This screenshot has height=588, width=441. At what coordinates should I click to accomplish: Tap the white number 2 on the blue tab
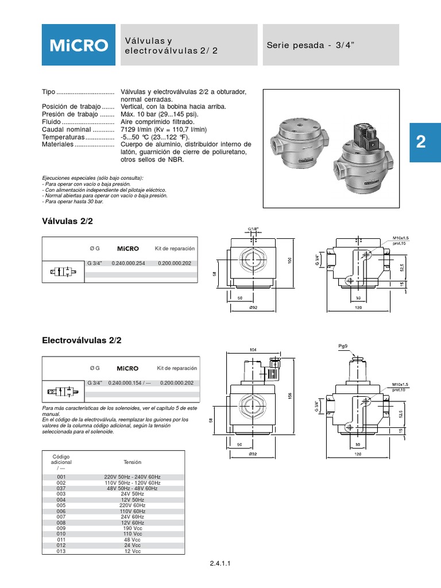coord(421,142)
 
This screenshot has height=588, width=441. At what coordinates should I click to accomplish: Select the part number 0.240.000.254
coord(128,263)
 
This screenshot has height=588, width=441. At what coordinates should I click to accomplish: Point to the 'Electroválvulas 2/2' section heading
coord(82,340)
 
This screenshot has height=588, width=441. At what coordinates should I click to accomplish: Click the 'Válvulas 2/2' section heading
coord(67,220)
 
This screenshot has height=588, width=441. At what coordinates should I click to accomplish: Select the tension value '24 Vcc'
coord(132,546)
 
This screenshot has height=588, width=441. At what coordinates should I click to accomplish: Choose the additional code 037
coord(61,488)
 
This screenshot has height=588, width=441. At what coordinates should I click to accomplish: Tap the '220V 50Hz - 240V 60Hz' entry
coord(132,477)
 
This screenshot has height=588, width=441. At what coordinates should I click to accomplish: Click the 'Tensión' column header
coord(132,462)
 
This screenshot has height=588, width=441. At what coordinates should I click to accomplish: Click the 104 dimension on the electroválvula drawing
coord(253,349)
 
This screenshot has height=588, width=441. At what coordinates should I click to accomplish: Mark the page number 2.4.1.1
coord(220,563)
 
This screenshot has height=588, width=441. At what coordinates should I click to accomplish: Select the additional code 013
coord(61,551)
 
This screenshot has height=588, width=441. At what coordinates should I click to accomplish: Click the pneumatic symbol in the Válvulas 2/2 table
coord(64,270)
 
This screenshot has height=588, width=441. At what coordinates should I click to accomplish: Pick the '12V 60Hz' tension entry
coord(132,523)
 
